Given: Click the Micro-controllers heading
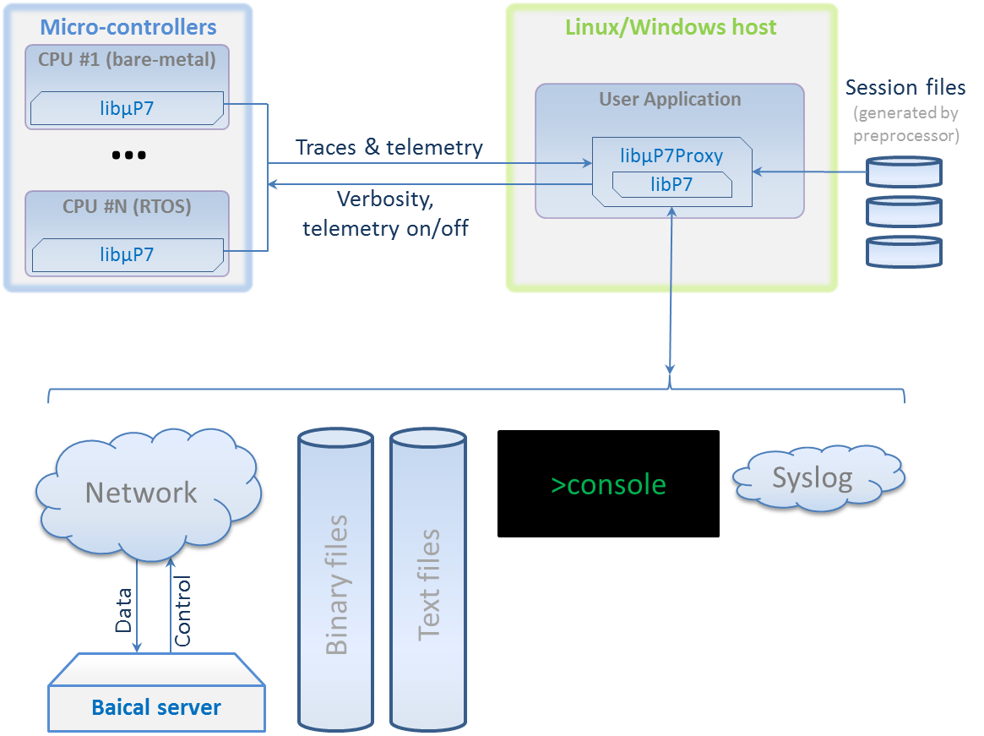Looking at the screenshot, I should click(128, 27).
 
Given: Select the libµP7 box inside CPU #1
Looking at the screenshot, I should click(127, 108).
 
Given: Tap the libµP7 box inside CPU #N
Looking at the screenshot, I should click(127, 254).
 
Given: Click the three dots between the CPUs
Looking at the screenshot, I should click(128, 155).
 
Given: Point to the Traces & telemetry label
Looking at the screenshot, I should click(389, 148).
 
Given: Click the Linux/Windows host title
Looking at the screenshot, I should click(671, 27).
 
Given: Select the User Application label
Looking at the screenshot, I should click(670, 99).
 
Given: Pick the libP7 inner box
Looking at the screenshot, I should click(671, 184).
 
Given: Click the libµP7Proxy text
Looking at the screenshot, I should click(671, 156).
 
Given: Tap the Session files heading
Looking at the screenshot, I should click(905, 87).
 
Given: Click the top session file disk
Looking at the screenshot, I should click(905, 172).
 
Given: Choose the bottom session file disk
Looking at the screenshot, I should click(905, 251).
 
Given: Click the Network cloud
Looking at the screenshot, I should click(142, 493).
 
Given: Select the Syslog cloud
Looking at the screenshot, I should click(812, 479).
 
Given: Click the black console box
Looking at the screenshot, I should click(608, 484).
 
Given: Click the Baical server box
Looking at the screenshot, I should click(156, 706).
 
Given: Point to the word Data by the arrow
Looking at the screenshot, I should click(123, 610).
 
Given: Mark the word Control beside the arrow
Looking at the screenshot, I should click(182, 610).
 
